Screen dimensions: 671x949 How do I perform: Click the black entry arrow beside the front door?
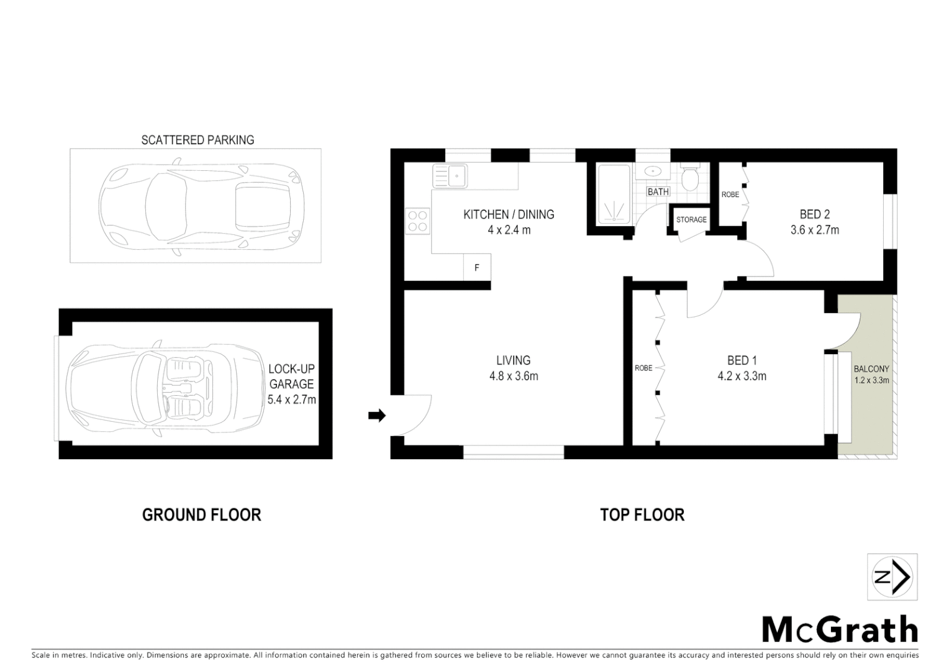(376, 416)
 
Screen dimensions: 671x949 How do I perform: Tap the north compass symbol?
(892, 577)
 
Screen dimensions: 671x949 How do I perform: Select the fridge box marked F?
(477, 268)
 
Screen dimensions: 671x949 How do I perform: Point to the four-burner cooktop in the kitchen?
(417, 221)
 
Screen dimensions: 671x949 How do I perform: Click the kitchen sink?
(450, 175)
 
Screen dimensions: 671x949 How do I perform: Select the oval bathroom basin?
(652, 171)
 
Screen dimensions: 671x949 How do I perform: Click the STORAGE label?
(691, 219)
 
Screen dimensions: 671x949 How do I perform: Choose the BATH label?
(658, 192)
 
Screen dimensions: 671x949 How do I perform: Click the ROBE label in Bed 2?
(730, 194)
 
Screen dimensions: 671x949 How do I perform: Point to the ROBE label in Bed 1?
(643, 368)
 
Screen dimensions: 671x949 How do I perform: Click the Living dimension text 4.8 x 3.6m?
(513, 376)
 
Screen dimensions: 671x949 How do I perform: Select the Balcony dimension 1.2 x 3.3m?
(871, 380)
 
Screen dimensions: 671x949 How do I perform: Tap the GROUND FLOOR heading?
(201, 515)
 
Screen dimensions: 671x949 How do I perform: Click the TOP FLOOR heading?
(642, 515)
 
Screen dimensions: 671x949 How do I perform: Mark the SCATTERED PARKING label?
(198, 140)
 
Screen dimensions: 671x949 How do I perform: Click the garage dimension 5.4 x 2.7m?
(291, 399)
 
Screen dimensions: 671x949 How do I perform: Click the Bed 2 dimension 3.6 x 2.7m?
(814, 230)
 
